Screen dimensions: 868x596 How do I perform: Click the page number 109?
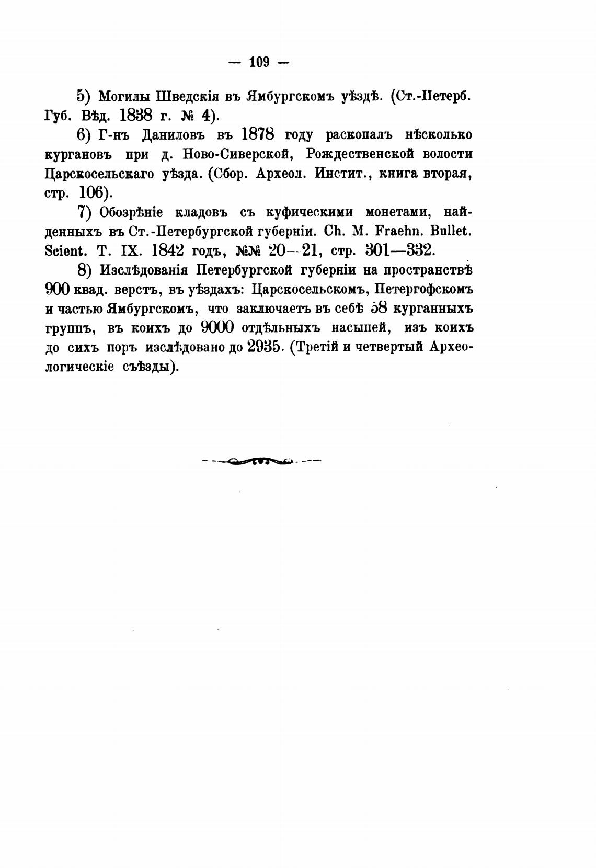point(259,63)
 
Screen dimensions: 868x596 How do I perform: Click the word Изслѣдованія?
point(141,270)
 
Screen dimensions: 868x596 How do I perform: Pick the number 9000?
point(216,328)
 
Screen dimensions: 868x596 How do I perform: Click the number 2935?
point(263,347)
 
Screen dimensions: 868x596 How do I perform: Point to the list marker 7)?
point(84,212)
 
